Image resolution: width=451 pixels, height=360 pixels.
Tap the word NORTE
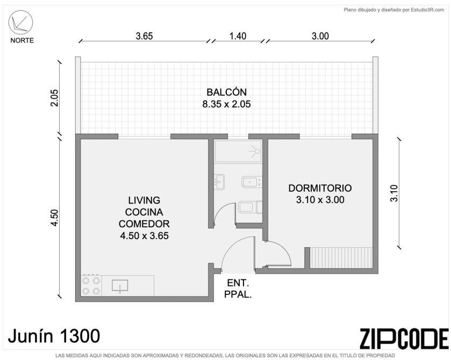tap(22, 40)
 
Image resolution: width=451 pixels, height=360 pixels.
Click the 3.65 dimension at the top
tap(145, 36)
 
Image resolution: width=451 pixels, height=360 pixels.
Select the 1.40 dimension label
tap(238, 36)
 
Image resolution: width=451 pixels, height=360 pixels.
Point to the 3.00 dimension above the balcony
tap(320, 36)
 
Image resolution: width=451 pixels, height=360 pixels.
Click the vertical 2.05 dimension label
tap(54, 98)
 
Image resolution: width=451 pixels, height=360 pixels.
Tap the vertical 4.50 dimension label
tap(54, 218)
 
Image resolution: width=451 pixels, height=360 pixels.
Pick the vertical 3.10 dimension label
tap(394, 193)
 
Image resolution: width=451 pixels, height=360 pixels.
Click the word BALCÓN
tap(227, 92)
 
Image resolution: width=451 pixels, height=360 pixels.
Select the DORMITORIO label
tap(320, 188)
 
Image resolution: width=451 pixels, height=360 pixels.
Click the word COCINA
tap(144, 212)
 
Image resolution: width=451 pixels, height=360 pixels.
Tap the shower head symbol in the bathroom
tap(255, 151)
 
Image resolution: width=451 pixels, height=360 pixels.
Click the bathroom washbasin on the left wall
tap(219, 182)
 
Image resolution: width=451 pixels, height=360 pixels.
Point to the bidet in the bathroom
tap(252, 182)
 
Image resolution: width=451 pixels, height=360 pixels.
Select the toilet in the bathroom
tap(250, 207)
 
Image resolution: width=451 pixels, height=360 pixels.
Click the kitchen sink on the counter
tap(120, 286)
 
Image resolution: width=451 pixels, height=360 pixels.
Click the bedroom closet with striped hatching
tap(342, 257)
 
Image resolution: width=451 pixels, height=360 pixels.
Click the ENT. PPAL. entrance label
tap(238, 289)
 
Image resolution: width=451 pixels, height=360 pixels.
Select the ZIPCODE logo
tap(404, 339)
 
